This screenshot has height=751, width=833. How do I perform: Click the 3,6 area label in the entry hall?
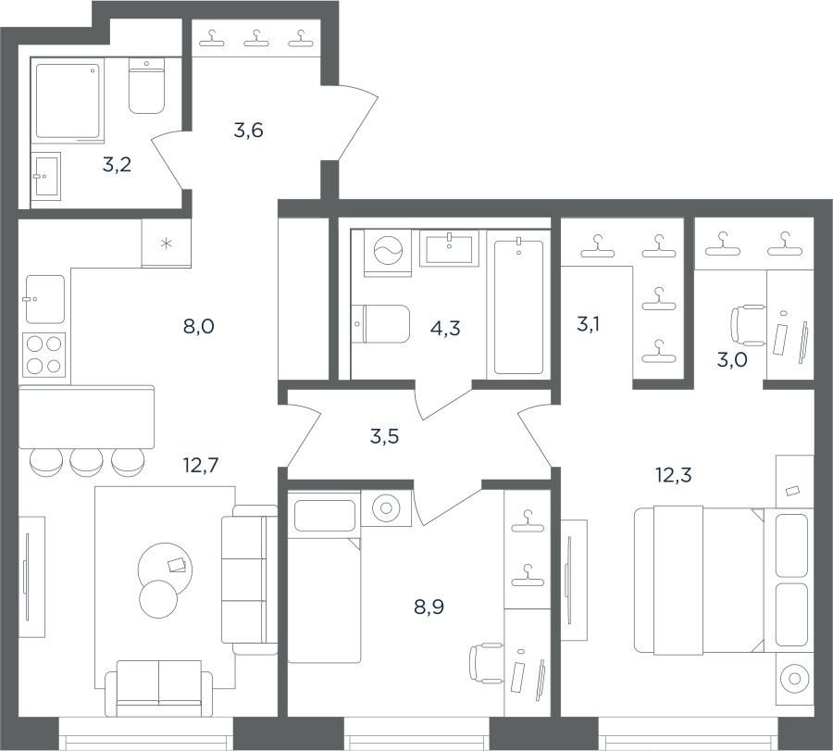249,131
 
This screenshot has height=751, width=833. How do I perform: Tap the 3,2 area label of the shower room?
117,166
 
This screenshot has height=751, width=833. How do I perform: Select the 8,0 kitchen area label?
199,326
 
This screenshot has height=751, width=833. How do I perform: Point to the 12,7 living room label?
201,466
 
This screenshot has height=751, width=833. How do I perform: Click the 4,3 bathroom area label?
445,329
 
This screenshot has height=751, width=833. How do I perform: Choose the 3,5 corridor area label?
384,437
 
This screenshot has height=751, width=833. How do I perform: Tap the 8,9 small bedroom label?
429,607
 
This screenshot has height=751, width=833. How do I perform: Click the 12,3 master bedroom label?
674,475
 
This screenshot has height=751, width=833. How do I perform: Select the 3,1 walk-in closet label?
588,323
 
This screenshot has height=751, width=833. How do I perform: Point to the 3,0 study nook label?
732,360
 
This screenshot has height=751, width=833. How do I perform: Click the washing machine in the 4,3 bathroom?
389,253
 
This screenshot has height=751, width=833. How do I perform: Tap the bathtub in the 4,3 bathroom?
518,307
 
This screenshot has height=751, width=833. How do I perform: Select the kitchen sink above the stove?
45,299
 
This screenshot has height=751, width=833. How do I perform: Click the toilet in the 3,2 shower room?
146,85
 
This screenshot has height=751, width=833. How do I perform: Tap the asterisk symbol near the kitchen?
167,244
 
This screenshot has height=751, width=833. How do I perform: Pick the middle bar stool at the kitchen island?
87,462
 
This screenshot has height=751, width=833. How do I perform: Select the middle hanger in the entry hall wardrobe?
256,38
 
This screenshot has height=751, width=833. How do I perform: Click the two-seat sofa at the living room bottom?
159,688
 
